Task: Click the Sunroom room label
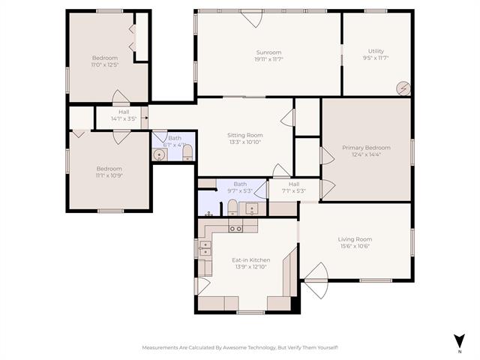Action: (x=268, y=52)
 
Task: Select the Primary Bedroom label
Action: (x=366, y=148)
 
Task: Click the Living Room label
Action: (x=355, y=239)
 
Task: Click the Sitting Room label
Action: (x=245, y=135)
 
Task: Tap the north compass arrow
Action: (x=459, y=341)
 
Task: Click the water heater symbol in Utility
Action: (x=403, y=88)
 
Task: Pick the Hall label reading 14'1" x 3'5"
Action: (x=123, y=118)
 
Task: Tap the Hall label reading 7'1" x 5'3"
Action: (x=294, y=190)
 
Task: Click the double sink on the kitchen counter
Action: (x=235, y=228)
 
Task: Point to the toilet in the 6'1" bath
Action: (x=187, y=154)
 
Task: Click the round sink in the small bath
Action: (x=159, y=154)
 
